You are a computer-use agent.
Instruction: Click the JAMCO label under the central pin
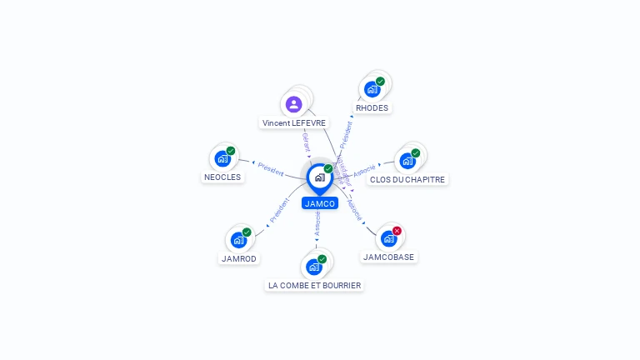[x=320, y=203]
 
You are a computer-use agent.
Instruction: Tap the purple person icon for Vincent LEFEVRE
[x=293, y=104]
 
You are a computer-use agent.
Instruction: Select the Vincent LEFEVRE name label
[x=294, y=122]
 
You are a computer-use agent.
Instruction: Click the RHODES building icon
[x=372, y=89]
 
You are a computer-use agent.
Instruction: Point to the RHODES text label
[x=372, y=107]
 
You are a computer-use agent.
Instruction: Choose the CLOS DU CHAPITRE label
[x=407, y=179]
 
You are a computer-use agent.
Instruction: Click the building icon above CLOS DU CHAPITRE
[x=407, y=160]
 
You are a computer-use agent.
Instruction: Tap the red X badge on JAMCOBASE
[x=397, y=231]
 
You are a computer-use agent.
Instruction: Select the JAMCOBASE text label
[x=388, y=257]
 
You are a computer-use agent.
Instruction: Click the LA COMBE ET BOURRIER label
[x=314, y=285]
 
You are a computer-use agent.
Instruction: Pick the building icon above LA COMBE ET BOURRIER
[x=313, y=267]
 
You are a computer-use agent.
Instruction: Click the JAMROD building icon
[x=238, y=240]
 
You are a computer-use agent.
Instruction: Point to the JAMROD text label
[x=238, y=258]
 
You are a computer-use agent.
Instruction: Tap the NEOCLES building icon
[x=222, y=158]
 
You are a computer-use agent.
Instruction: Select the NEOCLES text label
[x=222, y=177]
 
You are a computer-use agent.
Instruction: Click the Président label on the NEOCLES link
[x=271, y=168]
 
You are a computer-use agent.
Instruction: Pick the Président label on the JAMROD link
[x=279, y=211]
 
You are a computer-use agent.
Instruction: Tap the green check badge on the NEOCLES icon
[x=231, y=151]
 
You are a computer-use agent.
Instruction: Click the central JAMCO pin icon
[x=319, y=177]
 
